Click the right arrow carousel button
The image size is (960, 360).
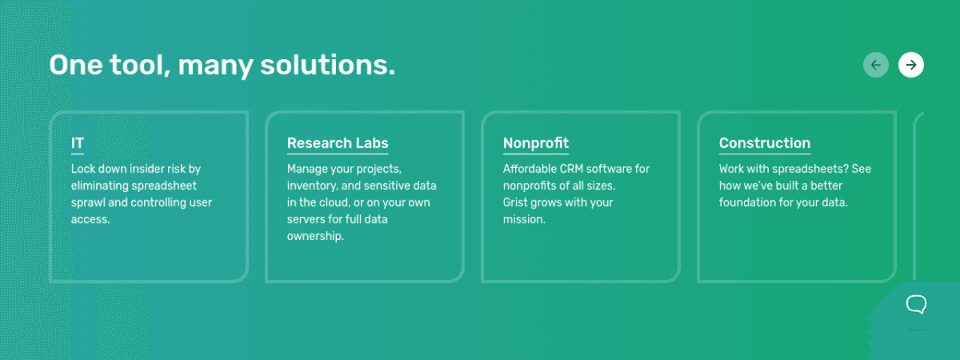click(910, 65)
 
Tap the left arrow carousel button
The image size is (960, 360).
click(875, 65)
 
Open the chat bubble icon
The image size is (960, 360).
click(916, 305)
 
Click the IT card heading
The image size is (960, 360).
click(78, 142)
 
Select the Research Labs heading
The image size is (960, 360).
click(338, 142)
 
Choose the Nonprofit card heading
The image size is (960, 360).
click(536, 142)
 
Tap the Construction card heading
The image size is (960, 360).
click(765, 142)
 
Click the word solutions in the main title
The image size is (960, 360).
click(327, 65)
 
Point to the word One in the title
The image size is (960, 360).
click(76, 65)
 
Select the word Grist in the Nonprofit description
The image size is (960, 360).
click(515, 202)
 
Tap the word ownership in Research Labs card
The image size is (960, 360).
click(315, 236)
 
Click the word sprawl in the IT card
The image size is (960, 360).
click(88, 202)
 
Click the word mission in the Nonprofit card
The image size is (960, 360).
click(524, 219)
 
